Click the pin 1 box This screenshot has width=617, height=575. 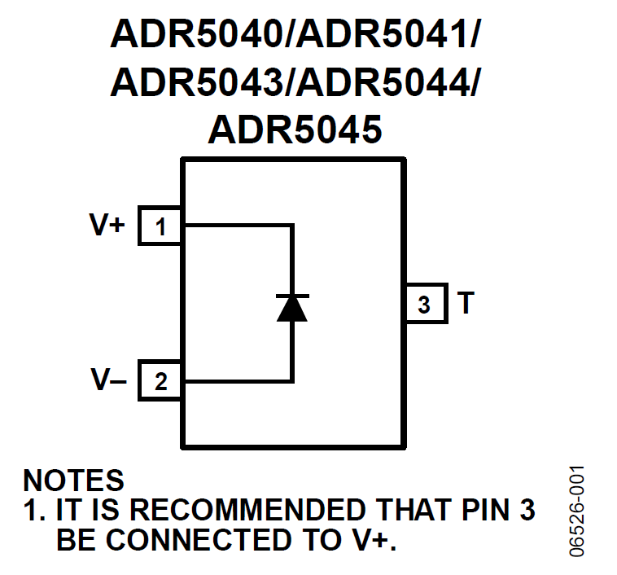(160, 226)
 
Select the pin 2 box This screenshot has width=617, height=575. (160, 380)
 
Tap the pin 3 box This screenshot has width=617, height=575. (423, 304)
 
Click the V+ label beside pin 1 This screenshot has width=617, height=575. (107, 225)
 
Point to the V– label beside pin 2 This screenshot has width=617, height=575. (108, 380)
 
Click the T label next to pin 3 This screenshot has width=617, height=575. (465, 304)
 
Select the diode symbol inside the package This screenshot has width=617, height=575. (292, 307)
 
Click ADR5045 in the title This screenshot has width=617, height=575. (295, 129)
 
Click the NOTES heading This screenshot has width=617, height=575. (74, 481)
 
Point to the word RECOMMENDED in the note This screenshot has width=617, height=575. (248, 511)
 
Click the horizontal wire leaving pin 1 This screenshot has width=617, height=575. (236, 226)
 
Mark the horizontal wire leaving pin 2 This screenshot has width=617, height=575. (236, 380)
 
